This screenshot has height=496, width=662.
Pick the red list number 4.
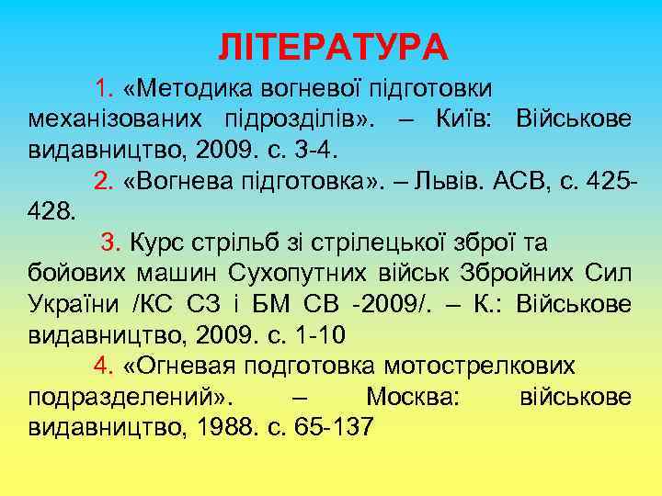coord(103,366)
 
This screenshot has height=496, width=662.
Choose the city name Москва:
coord(412,398)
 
